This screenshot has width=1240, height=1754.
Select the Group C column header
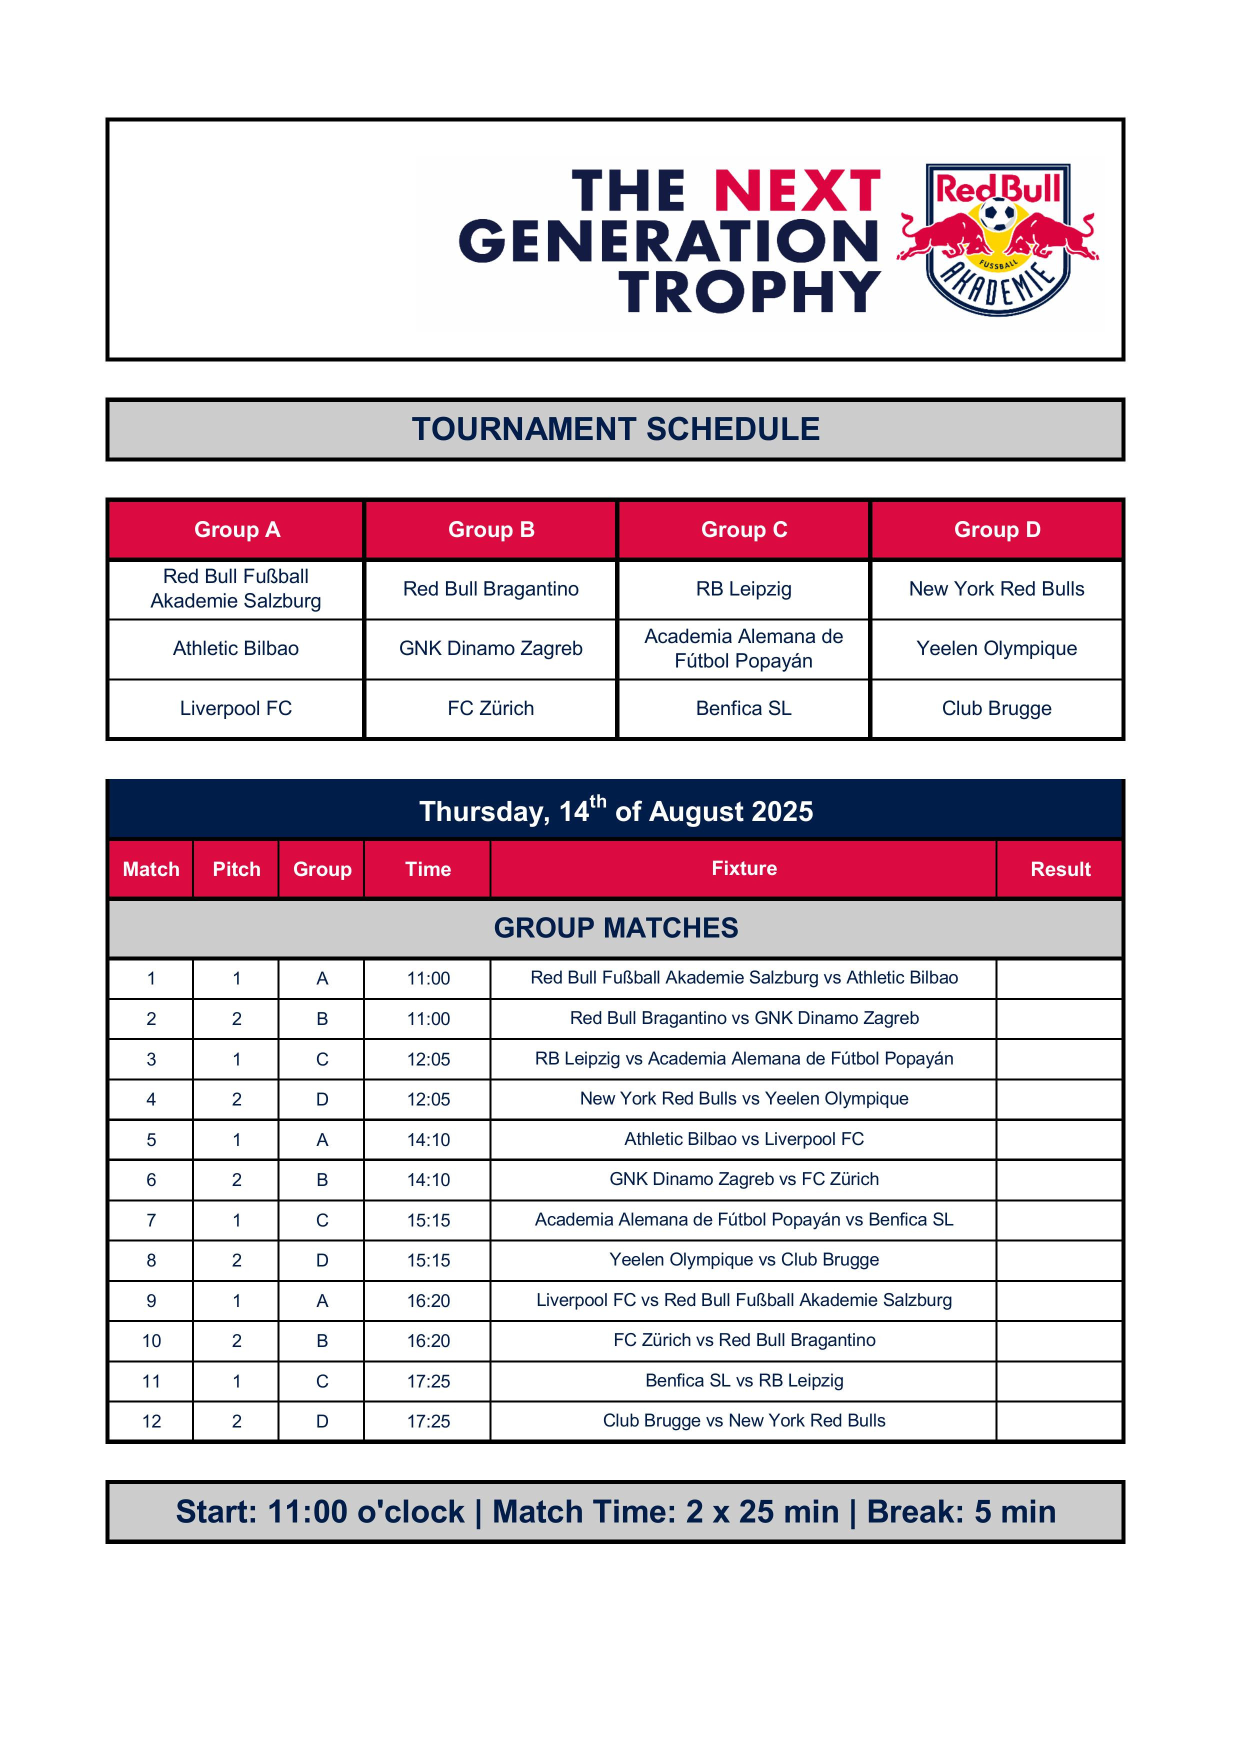point(743,529)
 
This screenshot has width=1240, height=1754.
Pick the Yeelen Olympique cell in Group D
point(996,648)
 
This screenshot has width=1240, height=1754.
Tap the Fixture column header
point(743,868)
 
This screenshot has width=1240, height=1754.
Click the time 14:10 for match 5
point(428,1140)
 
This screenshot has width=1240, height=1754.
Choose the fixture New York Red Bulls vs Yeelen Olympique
point(743,1098)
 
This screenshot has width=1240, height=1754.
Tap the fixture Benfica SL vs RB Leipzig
point(743,1380)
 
